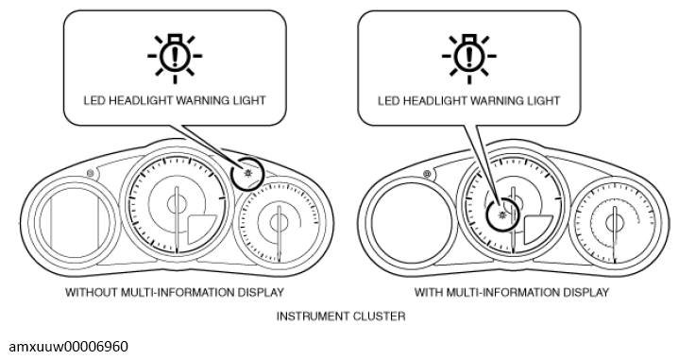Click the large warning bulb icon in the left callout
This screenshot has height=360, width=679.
(x=175, y=58)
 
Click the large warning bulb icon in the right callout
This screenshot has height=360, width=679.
(x=469, y=58)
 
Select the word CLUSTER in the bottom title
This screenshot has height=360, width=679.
(x=380, y=317)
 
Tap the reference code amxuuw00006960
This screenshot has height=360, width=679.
(x=68, y=347)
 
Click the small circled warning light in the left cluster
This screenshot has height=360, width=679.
(x=248, y=174)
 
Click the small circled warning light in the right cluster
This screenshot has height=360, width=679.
(x=502, y=214)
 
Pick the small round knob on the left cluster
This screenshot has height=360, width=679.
(x=90, y=174)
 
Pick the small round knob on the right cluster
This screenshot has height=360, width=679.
(x=427, y=174)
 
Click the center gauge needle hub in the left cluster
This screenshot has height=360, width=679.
(x=177, y=203)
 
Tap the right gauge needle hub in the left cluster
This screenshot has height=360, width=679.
(x=280, y=223)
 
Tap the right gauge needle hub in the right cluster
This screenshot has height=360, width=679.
(x=615, y=223)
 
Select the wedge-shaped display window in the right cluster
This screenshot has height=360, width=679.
(x=536, y=229)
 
